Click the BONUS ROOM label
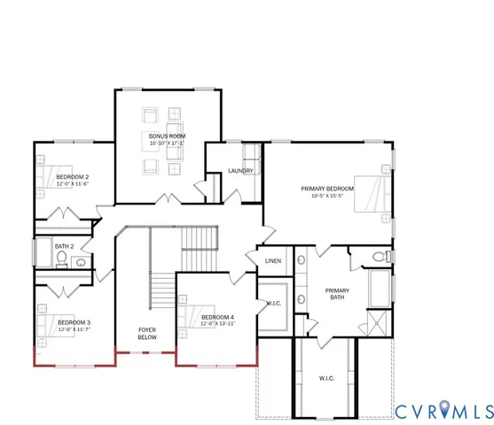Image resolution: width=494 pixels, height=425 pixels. point(167,135)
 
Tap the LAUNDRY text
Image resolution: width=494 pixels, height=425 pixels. point(240,171)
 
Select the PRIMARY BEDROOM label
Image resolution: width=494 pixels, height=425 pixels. point(327,189)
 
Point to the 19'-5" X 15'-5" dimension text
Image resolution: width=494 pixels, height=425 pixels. point(327,197)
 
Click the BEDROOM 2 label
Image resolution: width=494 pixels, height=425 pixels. point(73,177)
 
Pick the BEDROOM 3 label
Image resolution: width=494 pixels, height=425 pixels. point(75,322)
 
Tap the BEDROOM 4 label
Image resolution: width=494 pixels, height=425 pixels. point(217,317)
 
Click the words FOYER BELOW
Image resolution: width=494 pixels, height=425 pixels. point(147,334)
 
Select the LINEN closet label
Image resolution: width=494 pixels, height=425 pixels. point(274,260)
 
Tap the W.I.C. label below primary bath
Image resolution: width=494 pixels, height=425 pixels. point(326,378)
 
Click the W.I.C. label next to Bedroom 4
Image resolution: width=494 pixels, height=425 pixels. point(274,305)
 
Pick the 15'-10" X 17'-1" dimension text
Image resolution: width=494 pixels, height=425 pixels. point(167,143)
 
